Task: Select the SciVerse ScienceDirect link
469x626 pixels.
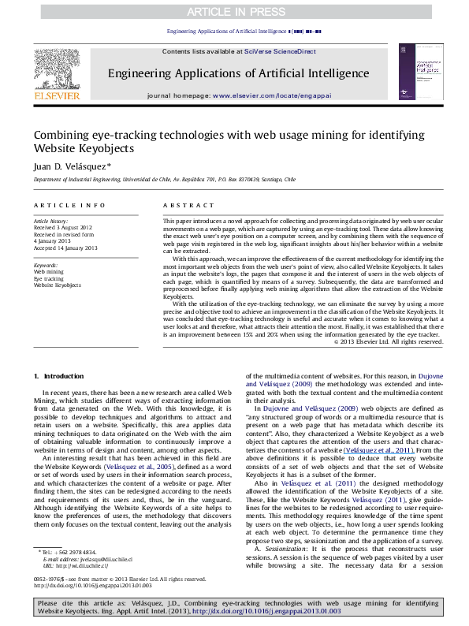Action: pyautogui.click(x=279, y=50)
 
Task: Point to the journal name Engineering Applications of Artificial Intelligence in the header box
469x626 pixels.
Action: pyautogui.click(x=234, y=75)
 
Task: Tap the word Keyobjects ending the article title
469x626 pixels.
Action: pyautogui.click(x=110, y=148)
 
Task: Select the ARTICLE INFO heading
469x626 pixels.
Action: pyautogui.click(x=65, y=205)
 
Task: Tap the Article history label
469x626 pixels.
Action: pyautogui.click(x=51, y=221)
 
